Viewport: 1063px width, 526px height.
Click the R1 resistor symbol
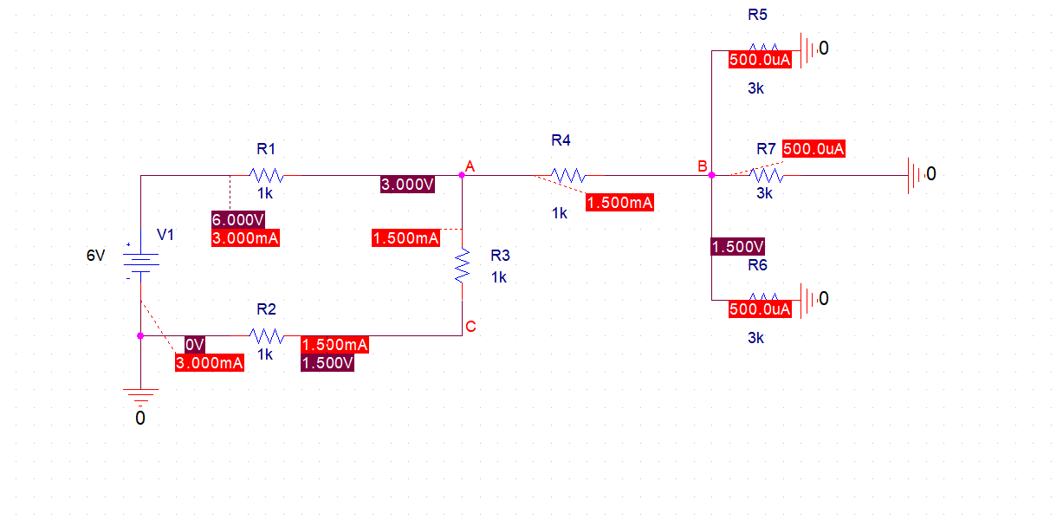(265, 175)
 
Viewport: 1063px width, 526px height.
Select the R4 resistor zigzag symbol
(567, 175)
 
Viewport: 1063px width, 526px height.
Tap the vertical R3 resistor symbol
(463, 266)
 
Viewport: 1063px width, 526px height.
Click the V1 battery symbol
(140, 263)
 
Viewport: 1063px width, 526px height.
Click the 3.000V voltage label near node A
(407, 184)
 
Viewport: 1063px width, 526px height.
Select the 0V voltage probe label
(194, 344)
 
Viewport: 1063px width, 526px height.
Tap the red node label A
(470, 165)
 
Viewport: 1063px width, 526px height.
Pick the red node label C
(470, 327)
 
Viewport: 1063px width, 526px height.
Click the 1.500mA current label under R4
(619, 203)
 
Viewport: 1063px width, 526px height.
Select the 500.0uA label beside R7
(813, 149)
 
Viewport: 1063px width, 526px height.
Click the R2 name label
(266, 309)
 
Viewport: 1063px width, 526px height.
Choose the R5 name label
(757, 15)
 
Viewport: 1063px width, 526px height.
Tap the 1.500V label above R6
(737, 247)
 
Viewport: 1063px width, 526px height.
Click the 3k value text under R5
(755, 88)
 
